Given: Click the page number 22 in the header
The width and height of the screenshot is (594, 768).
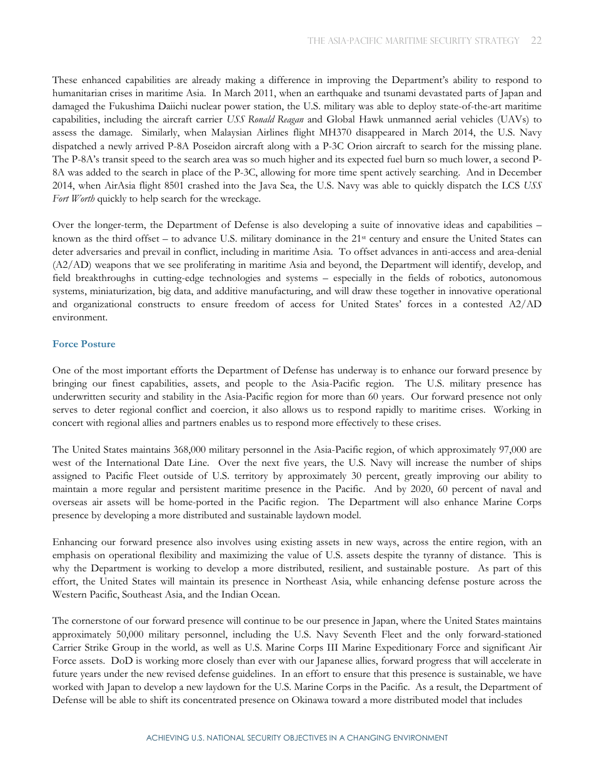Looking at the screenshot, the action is pyautogui.click(x=536, y=41).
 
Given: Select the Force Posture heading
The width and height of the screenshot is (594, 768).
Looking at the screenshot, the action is pyautogui.click(x=84, y=344).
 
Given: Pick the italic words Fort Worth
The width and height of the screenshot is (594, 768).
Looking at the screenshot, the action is pyautogui.click(x=74, y=198).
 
